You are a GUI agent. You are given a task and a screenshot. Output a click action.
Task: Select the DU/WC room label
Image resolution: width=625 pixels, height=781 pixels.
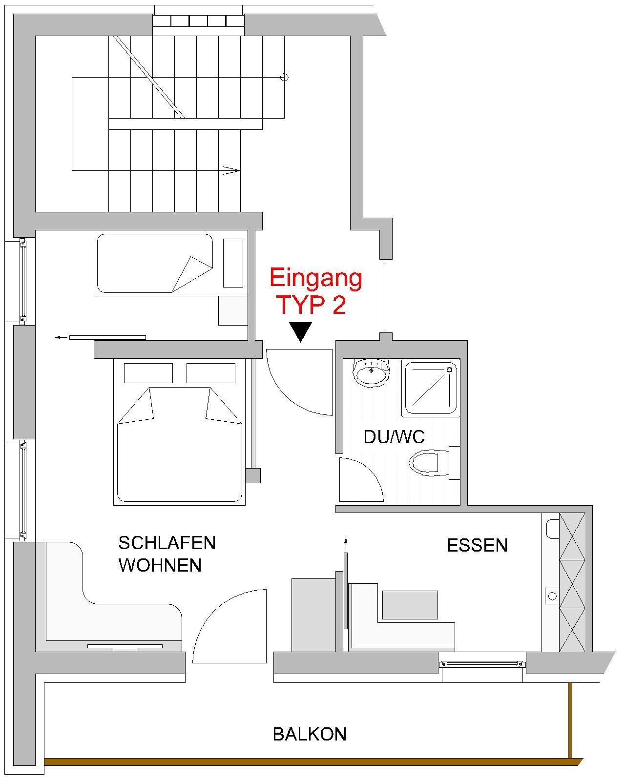(394, 437)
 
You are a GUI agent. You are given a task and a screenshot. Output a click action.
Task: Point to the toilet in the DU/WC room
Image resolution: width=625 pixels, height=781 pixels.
(434, 463)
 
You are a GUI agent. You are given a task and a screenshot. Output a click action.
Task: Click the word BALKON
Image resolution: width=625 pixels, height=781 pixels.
(310, 734)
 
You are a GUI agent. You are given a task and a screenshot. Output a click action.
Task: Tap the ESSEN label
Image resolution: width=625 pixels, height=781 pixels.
(477, 545)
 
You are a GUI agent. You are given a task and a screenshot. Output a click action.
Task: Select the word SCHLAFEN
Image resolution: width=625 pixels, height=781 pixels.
(167, 543)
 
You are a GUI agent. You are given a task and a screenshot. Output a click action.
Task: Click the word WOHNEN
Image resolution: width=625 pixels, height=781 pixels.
(160, 565)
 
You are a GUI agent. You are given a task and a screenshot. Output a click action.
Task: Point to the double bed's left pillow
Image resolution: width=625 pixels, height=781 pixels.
(148, 373)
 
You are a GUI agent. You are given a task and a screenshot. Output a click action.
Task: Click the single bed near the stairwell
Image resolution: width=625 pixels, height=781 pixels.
(171, 263)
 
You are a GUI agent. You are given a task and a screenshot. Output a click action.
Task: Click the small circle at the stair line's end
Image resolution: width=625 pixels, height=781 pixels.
(285, 77)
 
